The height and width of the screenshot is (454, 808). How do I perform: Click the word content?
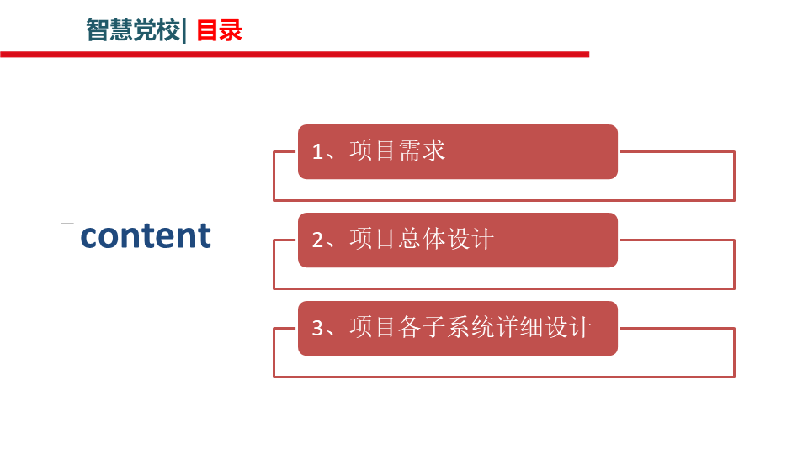(x=146, y=236)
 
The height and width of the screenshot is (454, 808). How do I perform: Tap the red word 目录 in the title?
(x=220, y=31)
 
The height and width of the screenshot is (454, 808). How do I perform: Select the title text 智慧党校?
(x=133, y=31)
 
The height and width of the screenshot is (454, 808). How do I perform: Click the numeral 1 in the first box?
(x=317, y=152)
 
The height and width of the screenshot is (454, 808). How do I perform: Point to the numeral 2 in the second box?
(x=317, y=240)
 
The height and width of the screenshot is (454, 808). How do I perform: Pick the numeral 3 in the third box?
(x=317, y=329)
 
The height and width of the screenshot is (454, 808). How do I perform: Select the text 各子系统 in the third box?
(x=446, y=328)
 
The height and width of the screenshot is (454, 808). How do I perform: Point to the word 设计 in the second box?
(x=470, y=240)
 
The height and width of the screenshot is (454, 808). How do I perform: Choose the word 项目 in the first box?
(x=373, y=151)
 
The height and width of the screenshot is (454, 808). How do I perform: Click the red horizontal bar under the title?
(x=295, y=55)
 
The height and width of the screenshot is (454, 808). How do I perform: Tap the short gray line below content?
(x=82, y=261)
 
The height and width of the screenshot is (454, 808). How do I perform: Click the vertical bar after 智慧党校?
(x=184, y=31)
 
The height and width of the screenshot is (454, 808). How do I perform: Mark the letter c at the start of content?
(x=89, y=238)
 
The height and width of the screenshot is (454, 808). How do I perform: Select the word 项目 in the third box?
(x=373, y=328)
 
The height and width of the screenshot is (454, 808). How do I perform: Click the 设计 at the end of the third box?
(x=568, y=328)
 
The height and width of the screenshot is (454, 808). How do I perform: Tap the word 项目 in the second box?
(x=373, y=240)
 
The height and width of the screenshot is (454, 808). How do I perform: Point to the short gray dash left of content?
(x=67, y=224)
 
